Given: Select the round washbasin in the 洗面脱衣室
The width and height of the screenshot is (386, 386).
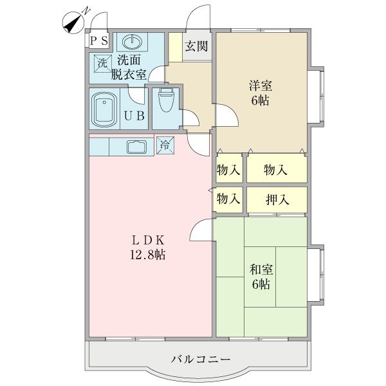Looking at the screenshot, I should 132,41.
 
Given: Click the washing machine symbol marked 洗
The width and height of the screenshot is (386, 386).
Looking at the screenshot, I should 102,63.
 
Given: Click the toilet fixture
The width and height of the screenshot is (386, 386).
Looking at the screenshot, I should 166,101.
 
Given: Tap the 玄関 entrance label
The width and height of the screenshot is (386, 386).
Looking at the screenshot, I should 196,46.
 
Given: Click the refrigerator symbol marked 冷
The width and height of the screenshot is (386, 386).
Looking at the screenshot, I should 165,145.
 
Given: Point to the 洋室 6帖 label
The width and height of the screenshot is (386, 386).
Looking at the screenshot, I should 260,92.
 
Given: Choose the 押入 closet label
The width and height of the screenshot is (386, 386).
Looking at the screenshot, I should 277,199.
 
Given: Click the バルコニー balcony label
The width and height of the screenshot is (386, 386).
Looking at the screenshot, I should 200,358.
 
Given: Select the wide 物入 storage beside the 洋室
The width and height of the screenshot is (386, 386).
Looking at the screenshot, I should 275,170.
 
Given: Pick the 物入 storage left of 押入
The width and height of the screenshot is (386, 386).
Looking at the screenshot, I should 228,199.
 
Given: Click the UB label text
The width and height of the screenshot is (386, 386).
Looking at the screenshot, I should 134,116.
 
